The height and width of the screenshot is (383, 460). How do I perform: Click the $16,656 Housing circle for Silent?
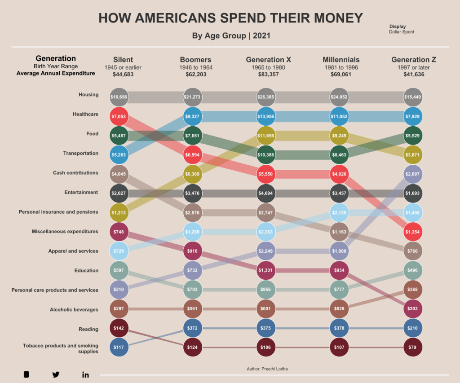point(119,97)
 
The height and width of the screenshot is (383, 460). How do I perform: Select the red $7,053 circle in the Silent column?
point(119,116)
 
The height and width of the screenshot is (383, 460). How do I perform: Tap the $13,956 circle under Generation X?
point(266,116)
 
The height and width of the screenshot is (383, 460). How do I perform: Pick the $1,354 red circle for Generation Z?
point(413,232)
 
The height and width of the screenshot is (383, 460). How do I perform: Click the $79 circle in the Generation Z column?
point(413,348)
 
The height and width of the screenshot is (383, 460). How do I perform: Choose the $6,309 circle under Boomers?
point(193,174)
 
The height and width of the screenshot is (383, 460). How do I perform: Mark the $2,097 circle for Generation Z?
point(413,174)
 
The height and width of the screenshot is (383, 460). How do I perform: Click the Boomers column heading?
point(195,60)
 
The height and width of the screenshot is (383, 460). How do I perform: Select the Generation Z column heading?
point(413,60)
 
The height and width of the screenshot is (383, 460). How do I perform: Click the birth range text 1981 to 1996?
point(341,67)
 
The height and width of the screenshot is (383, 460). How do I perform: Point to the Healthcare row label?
point(85,114)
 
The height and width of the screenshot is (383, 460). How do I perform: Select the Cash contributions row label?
point(75,173)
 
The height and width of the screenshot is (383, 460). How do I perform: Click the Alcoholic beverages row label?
point(74,310)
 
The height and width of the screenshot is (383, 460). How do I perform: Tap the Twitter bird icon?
point(56,374)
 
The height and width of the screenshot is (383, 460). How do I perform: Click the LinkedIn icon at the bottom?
point(85,374)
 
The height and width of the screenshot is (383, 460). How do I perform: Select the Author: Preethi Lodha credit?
point(267,369)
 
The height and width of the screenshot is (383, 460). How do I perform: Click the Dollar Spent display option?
point(401,32)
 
